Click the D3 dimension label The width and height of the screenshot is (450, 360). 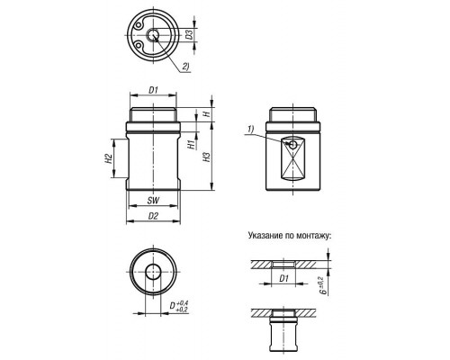[189, 35]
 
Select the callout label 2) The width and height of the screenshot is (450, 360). [186, 67]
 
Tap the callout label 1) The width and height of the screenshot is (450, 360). [251, 129]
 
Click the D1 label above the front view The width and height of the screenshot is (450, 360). [153, 90]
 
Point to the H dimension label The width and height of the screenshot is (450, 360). [206, 114]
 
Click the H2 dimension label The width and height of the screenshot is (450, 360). [109, 158]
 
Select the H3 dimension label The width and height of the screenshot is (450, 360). [207, 157]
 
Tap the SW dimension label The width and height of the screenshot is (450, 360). [153, 201]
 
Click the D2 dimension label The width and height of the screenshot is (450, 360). [153, 216]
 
